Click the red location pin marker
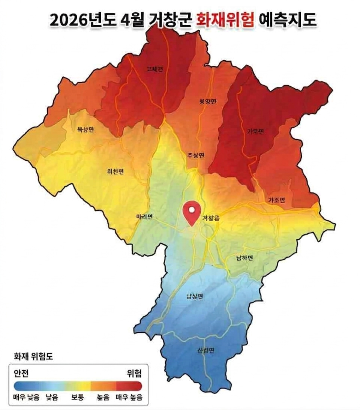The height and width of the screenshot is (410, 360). tap(192, 212)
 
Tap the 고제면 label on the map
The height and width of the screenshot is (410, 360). tap(154, 69)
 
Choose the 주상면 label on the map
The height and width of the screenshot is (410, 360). tap(196, 155)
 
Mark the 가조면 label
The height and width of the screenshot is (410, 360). tap(276, 200)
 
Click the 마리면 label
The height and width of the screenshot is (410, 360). tap(144, 217)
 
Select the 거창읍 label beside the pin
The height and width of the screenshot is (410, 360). tap(211, 218)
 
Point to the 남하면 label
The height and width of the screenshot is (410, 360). tap(244, 258)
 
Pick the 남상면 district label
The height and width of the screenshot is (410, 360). tap(195, 297)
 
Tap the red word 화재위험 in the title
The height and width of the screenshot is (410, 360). tap(225, 20)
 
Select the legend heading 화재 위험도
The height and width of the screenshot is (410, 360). tap(33, 356)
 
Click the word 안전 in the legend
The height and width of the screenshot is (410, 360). tap(21, 373)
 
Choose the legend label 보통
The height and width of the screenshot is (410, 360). tap(78, 397)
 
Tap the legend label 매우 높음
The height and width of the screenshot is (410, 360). tap(129, 397)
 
